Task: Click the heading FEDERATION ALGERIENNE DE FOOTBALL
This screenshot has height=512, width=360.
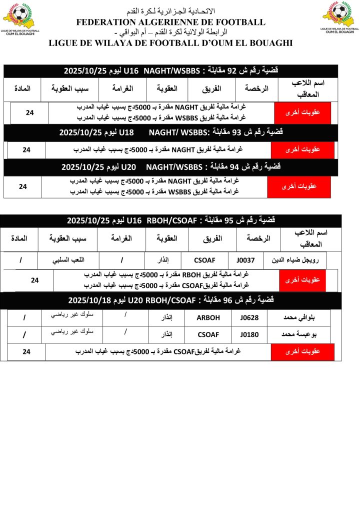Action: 170,22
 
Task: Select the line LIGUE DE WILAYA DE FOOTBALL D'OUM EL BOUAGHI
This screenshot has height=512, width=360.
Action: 170,43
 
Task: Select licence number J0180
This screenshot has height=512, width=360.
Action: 249,334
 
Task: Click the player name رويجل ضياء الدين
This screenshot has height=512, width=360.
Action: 302,260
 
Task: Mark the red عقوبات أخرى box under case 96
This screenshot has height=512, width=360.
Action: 302,352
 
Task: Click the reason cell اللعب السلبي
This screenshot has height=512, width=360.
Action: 68,260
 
